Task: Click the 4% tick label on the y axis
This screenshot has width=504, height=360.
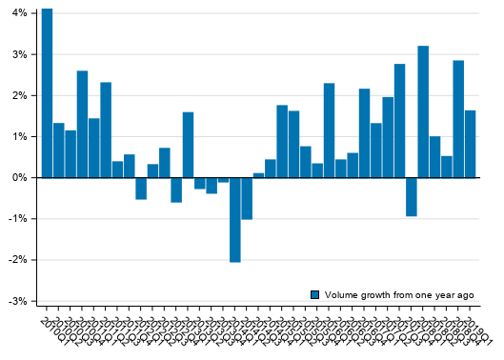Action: (17, 13)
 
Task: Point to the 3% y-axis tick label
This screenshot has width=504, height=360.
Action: (17, 54)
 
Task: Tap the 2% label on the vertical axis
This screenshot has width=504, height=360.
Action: (17, 95)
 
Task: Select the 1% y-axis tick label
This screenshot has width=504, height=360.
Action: (17, 136)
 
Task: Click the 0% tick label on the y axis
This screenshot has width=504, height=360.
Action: (17, 178)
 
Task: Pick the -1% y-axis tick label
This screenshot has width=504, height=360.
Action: (15, 219)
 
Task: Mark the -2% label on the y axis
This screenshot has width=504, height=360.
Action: (15, 260)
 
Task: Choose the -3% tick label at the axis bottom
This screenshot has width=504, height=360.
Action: (15, 301)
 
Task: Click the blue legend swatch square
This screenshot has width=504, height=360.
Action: (315, 295)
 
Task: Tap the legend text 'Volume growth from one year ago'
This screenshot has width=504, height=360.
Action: (399, 295)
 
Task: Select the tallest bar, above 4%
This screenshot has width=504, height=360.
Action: (47, 93)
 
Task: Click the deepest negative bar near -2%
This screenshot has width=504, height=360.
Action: (234, 219)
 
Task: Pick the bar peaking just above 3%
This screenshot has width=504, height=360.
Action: (423, 111)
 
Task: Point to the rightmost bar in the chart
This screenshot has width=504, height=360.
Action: (470, 144)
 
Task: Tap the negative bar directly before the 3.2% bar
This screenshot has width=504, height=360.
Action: (411, 196)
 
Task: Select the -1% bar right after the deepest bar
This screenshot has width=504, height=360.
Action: (247, 198)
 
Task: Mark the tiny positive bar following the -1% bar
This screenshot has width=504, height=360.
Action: (258, 175)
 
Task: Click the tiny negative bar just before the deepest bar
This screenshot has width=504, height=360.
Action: (223, 180)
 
